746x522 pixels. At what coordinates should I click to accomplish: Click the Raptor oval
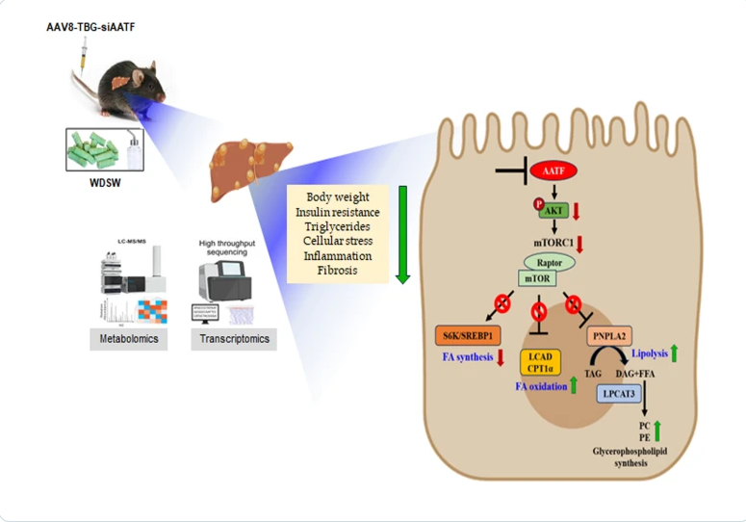(549, 261)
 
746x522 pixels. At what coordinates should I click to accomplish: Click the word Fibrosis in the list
(338, 271)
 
